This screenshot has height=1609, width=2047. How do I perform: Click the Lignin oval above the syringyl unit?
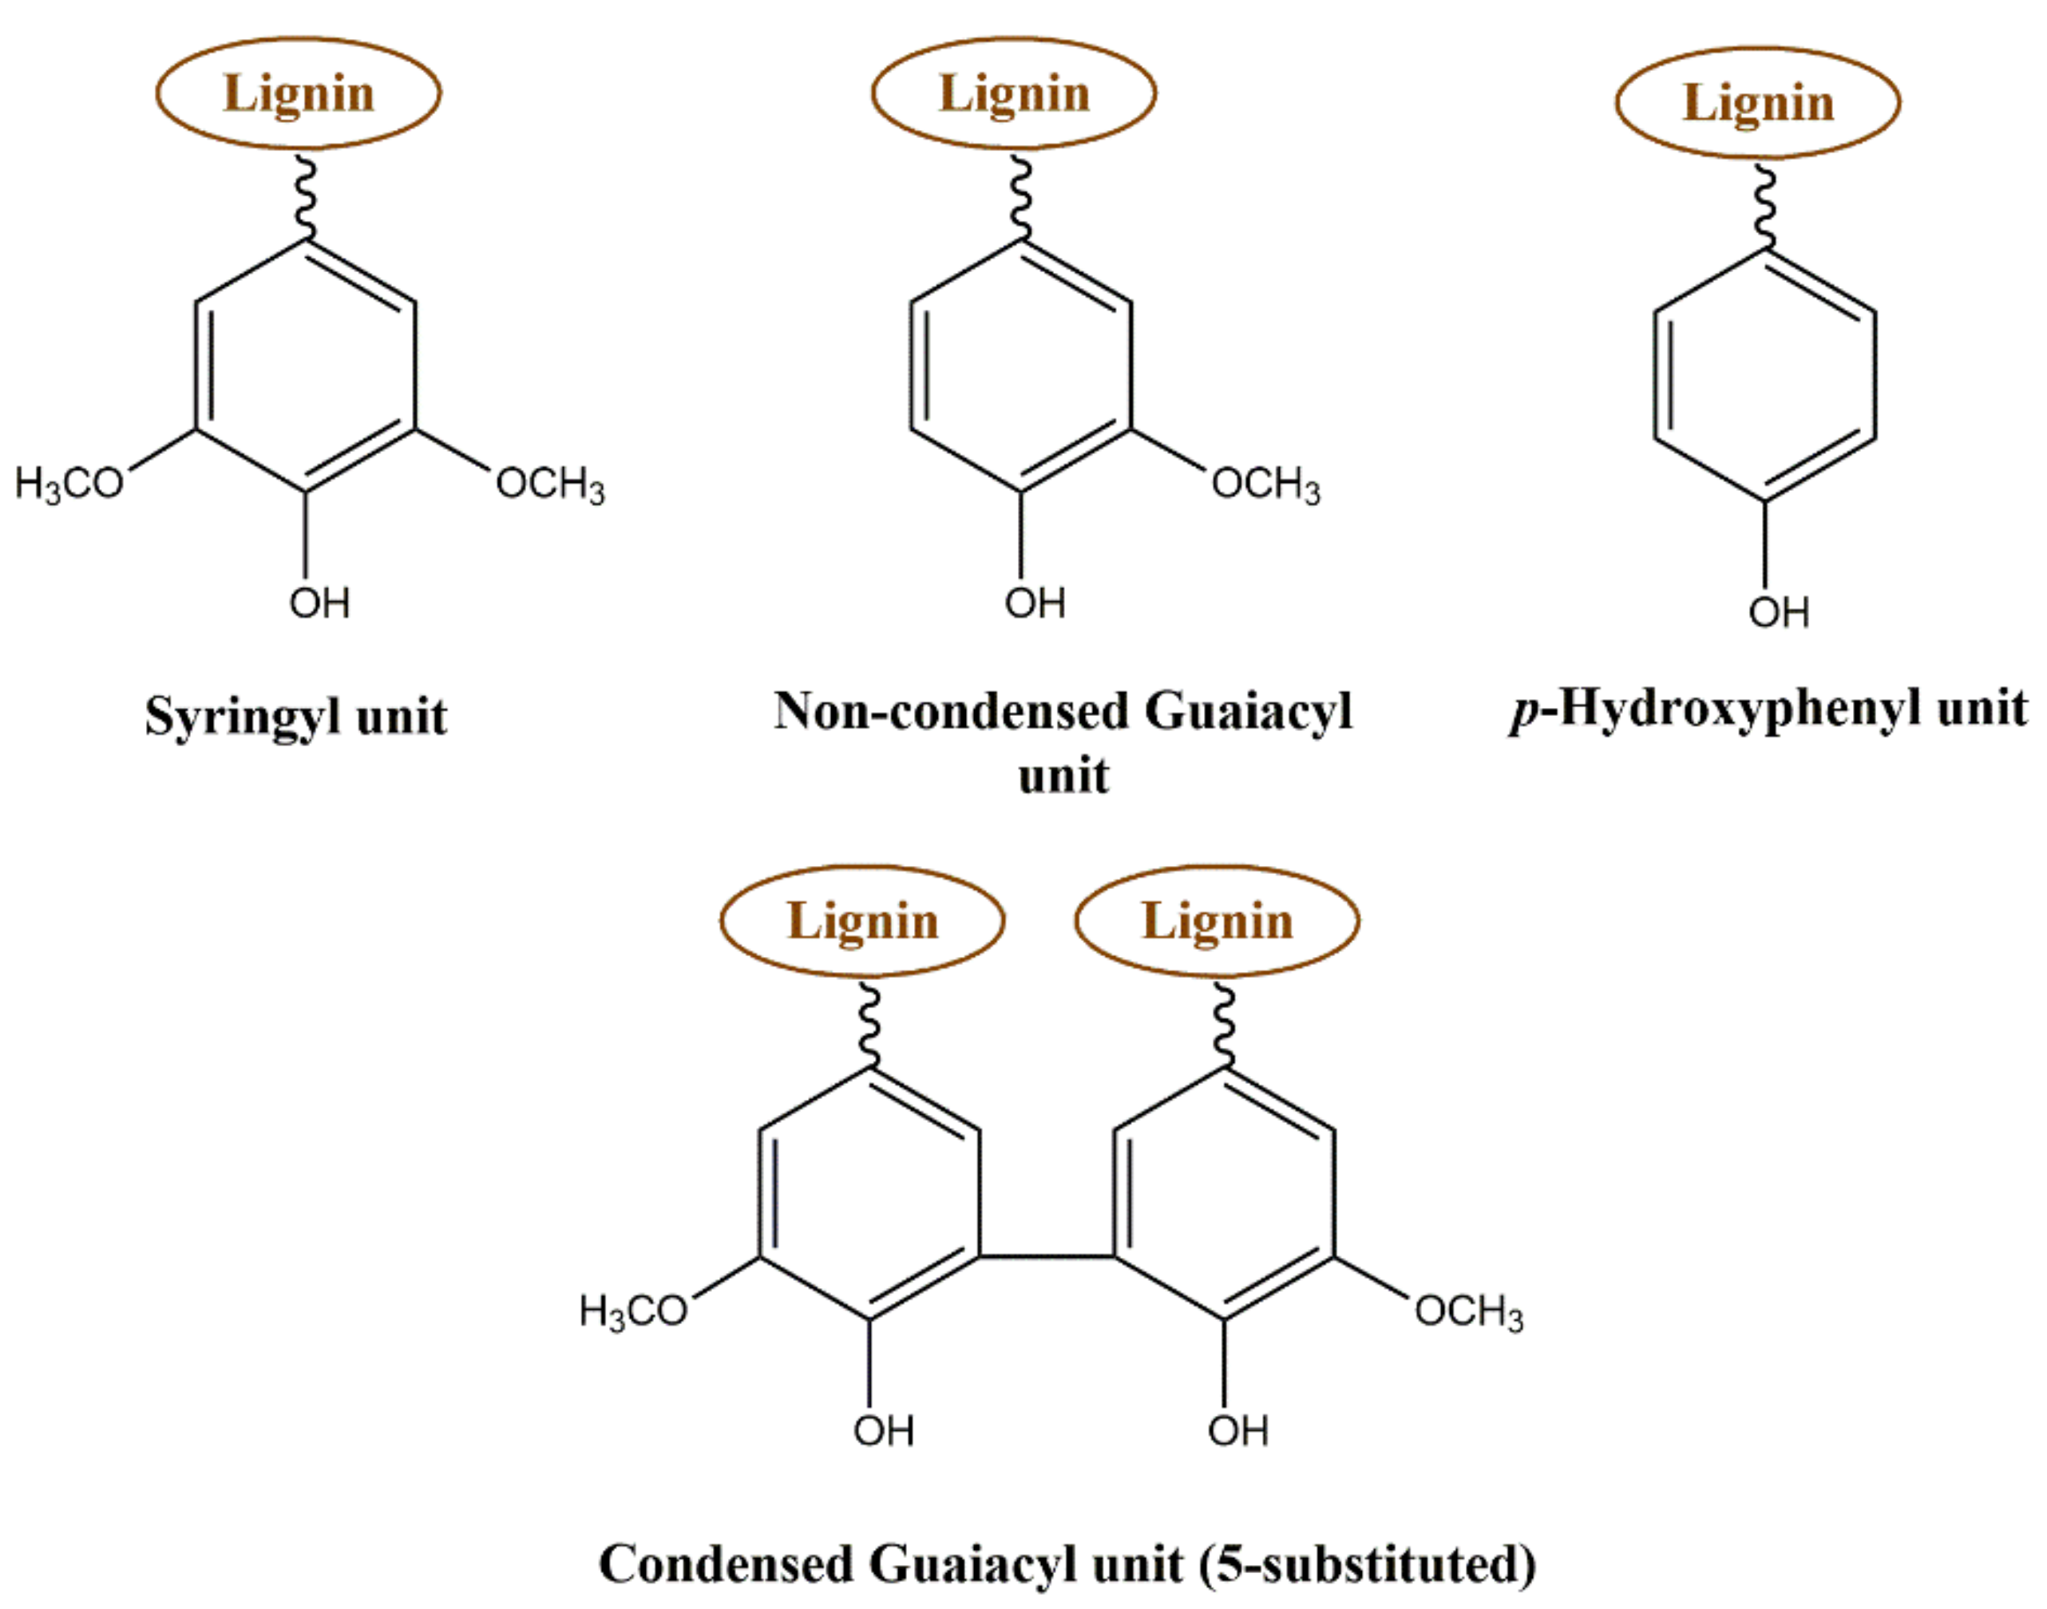click(x=298, y=93)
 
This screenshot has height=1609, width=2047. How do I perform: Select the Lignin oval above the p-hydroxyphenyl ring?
click(x=1758, y=103)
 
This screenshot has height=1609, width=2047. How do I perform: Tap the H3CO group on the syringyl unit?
click(x=69, y=484)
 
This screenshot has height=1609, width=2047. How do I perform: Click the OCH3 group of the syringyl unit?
click(x=550, y=484)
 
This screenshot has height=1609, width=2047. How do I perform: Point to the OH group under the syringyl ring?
click(x=319, y=603)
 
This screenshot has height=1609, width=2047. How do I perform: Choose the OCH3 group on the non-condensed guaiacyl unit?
click(x=1265, y=484)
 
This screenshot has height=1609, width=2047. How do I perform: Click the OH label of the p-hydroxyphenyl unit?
click(x=1779, y=612)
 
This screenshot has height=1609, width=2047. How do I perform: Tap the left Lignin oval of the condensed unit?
click(x=862, y=920)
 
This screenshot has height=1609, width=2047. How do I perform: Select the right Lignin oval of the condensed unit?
click(x=1217, y=920)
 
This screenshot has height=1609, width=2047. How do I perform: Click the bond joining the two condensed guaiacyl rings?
click(x=1046, y=1255)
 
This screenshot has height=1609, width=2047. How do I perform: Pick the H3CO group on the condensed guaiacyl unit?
click(x=633, y=1311)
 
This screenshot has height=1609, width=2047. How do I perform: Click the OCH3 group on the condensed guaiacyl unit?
click(x=1468, y=1311)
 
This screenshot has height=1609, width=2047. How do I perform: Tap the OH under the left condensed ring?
click(x=883, y=1431)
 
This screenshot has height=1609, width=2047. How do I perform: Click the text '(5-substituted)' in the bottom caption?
click(x=1367, y=1565)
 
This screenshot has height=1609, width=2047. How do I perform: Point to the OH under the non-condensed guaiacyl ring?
click(x=1035, y=603)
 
